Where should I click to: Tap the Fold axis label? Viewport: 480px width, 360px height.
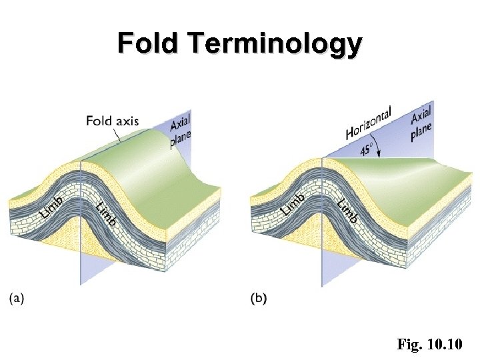point(112,121)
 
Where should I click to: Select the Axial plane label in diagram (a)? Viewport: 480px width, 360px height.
point(180,129)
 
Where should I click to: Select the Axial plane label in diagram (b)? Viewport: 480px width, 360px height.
point(421,121)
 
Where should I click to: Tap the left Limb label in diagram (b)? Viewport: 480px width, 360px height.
point(294,203)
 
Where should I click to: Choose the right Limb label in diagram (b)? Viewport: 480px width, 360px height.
point(347,210)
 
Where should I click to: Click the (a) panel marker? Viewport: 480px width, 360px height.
point(17,299)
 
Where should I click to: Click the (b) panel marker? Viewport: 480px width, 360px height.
point(258,299)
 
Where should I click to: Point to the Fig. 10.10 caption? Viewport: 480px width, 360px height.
point(433,345)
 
